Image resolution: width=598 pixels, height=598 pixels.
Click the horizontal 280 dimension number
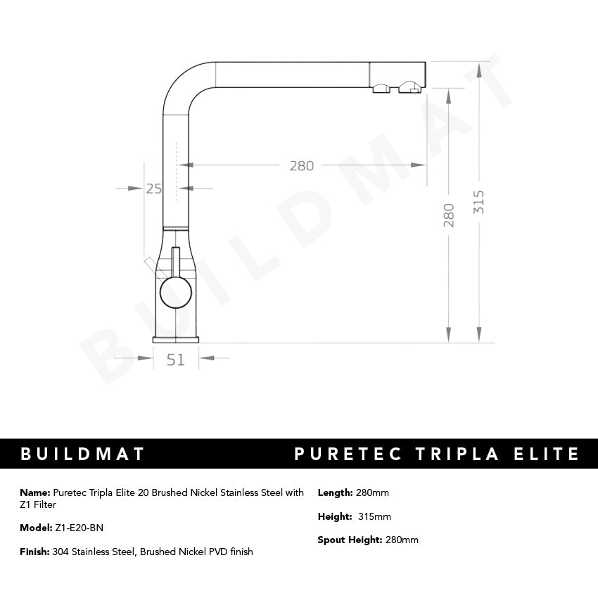point(301,166)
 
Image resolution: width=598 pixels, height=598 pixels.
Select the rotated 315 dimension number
point(479,203)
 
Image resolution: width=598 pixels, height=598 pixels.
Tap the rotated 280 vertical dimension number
point(449,215)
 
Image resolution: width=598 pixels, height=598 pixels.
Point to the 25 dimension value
point(154,188)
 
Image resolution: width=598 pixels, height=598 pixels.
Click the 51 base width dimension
point(176,360)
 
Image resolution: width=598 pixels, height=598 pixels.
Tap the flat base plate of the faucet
point(176,340)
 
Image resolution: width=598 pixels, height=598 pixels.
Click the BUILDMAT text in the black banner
point(82,454)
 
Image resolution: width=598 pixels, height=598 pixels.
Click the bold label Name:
point(35,492)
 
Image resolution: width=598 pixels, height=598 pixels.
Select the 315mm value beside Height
point(374,516)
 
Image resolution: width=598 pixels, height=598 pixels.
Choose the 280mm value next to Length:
point(373,492)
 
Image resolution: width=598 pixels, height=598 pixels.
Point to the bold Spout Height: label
point(350,540)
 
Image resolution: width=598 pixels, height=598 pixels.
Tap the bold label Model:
point(36,528)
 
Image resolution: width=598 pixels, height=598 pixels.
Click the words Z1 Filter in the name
point(38,504)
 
